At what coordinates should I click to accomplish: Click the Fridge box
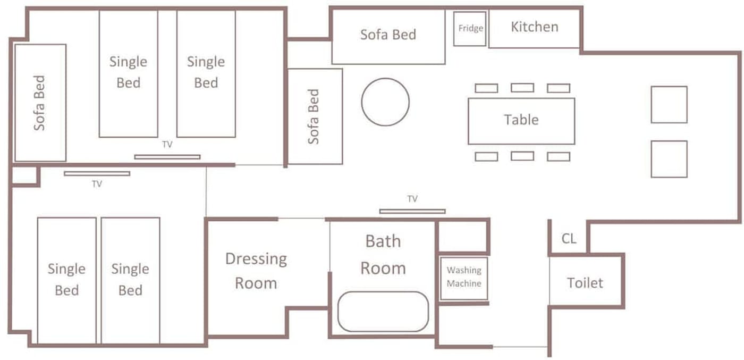[x=470, y=29]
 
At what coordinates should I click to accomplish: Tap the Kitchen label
[x=535, y=27]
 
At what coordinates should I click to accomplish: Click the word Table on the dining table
[x=521, y=120]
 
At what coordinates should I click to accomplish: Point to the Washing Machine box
[x=464, y=279]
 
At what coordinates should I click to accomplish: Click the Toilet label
[x=585, y=283]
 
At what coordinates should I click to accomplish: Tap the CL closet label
[x=569, y=238]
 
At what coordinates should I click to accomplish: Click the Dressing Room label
[x=256, y=271]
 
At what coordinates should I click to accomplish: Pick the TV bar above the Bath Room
[x=412, y=212]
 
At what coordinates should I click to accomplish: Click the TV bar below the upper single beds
[x=167, y=157]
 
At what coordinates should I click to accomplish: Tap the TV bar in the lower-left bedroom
[x=97, y=173]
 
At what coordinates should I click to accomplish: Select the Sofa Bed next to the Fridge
[x=388, y=37]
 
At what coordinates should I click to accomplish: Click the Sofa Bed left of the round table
[x=315, y=116]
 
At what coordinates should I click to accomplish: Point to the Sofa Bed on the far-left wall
[x=40, y=103]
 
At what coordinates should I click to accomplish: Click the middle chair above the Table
[x=522, y=88]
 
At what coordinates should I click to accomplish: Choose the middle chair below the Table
[x=522, y=156]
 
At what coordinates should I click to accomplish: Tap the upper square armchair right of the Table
[x=669, y=105]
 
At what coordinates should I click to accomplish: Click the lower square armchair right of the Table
[x=669, y=159]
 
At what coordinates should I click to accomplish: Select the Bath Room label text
[x=383, y=255]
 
